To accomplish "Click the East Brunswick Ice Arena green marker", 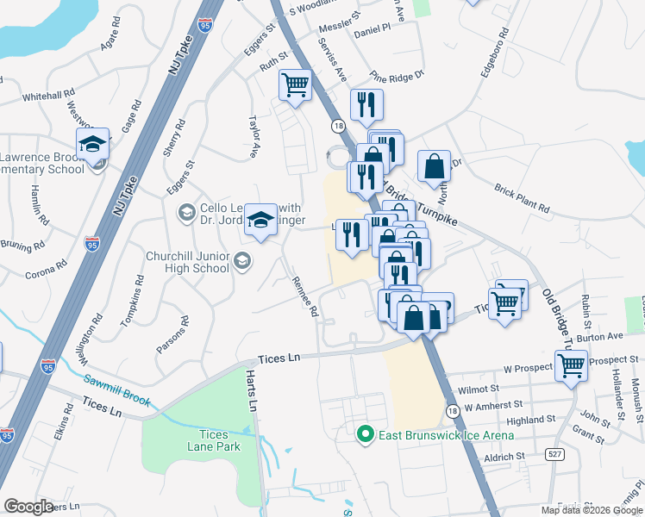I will pyautogui.click(x=365, y=433).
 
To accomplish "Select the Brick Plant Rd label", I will pyautogui.click(x=522, y=197).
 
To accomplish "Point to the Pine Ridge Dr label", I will pyautogui.click(x=398, y=75).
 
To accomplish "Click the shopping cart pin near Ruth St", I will pyautogui.click(x=295, y=84).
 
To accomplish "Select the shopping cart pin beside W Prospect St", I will pyautogui.click(x=572, y=365).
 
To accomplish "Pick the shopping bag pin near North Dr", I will pyautogui.click(x=434, y=165).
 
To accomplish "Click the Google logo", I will pyautogui.click(x=28, y=507).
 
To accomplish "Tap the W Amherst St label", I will pyautogui.click(x=493, y=404).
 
